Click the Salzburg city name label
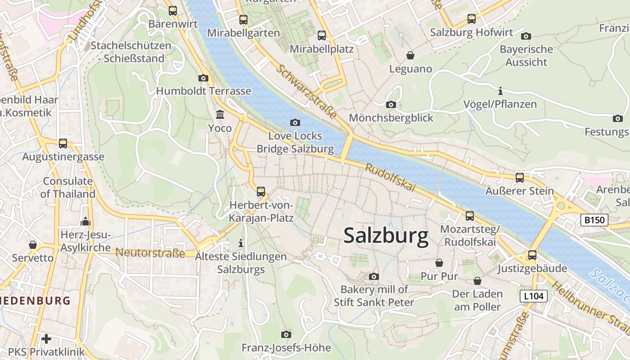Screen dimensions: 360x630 click(386, 236)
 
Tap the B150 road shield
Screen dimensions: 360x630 click(594, 220)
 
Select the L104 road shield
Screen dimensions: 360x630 click(534, 296)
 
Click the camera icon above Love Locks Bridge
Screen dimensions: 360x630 click(295, 122)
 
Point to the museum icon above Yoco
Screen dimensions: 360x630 click(220, 115)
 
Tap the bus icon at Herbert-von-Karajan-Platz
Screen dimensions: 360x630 click(261, 192)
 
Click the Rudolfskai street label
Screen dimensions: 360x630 click(390, 177)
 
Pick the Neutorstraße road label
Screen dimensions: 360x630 click(150, 252)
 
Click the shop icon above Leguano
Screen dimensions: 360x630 click(410, 55)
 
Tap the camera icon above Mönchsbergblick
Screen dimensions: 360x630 click(391, 104)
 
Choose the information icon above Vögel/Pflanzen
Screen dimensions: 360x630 click(500, 91)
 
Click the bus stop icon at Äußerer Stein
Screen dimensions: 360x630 click(520, 177)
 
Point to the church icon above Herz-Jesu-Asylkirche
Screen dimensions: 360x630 click(85, 221)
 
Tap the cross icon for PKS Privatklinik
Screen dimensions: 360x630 click(46, 338)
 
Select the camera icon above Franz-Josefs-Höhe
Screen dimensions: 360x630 click(286, 334)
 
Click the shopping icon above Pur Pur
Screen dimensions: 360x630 click(439, 263)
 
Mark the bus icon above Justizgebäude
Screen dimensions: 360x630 click(532, 255)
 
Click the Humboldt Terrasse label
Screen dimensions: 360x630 click(203, 91)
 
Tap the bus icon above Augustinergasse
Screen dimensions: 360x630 click(63, 144)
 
